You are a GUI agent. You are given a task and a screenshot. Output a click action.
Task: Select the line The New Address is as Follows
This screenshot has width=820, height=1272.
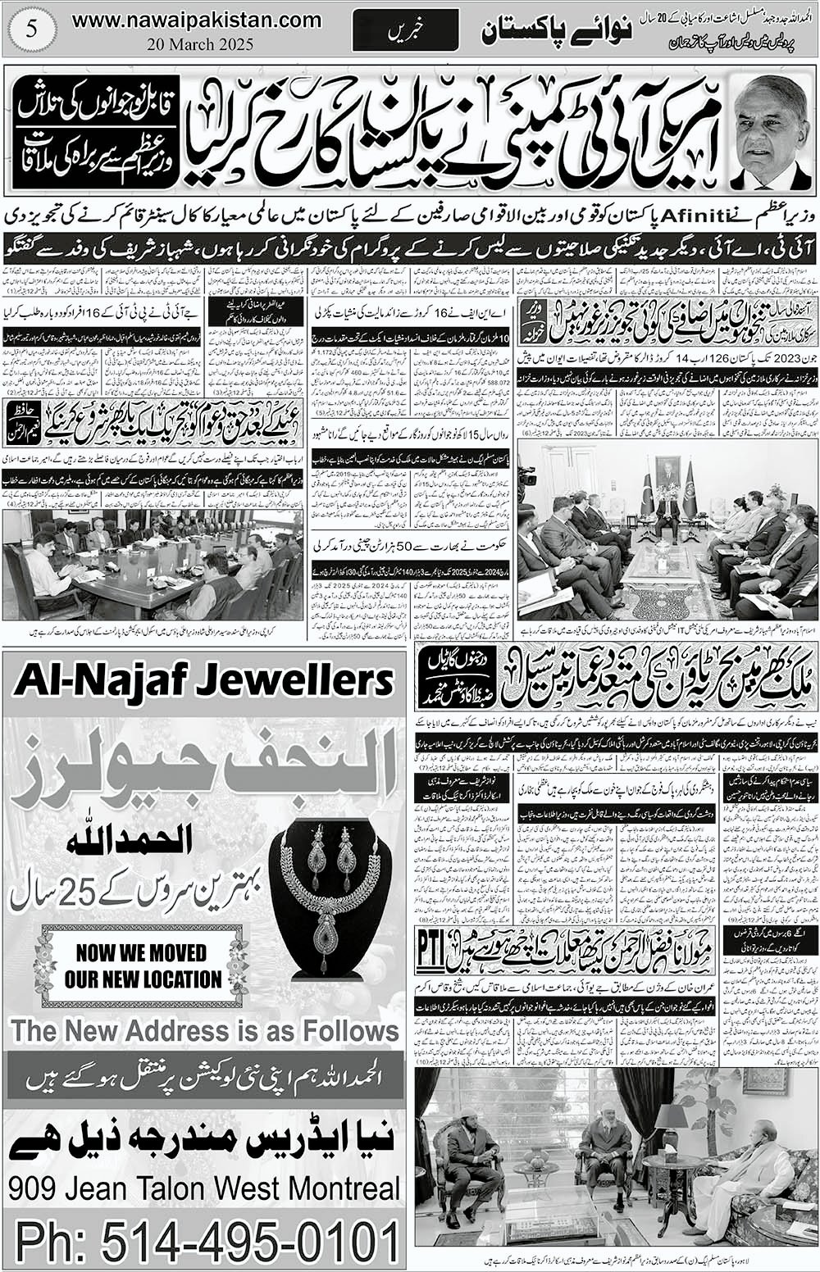click(204, 1030)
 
